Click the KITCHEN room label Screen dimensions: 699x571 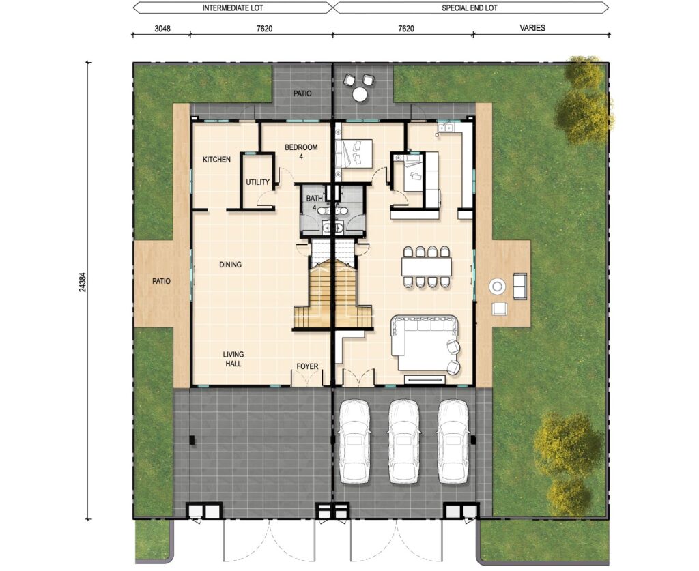pyautogui.click(x=216, y=160)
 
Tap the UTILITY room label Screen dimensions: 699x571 pyautogui.click(x=257, y=181)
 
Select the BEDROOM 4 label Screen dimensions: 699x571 pyautogui.click(x=301, y=151)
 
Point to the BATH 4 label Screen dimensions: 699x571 pyautogui.click(x=314, y=203)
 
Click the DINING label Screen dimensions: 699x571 pyautogui.click(x=231, y=265)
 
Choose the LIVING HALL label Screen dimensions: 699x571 pyautogui.click(x=233, y=359)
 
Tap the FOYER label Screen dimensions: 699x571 pyautogui.click(x=308, y=366)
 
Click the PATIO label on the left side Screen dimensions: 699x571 pyautogui.click(x=161, y=281)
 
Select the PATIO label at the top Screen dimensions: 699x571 pyautogui.click(x=302, y=93)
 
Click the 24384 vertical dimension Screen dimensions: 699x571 pyautogui.click(x=83, y=282)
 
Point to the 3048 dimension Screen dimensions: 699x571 pyautogui.click(x=162, y=29)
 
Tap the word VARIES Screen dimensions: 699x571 pyautogui.click(x=532, y=27)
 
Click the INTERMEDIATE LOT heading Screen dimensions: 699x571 pyautogui.click(x=233, y=8)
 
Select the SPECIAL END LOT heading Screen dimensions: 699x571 pyautogui.click(x=470, y=8)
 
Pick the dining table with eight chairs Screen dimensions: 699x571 pyautogui.click(x=426, y=266)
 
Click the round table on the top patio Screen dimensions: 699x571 pyautogui.click(x=359, y=94)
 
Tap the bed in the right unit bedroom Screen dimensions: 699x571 pyautogui.click(x=354, y=153)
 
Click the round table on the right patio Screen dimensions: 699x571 pyautogui.click(x=497, y=286)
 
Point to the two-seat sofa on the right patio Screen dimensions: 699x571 pyautogui.click(x=519, y=286)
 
